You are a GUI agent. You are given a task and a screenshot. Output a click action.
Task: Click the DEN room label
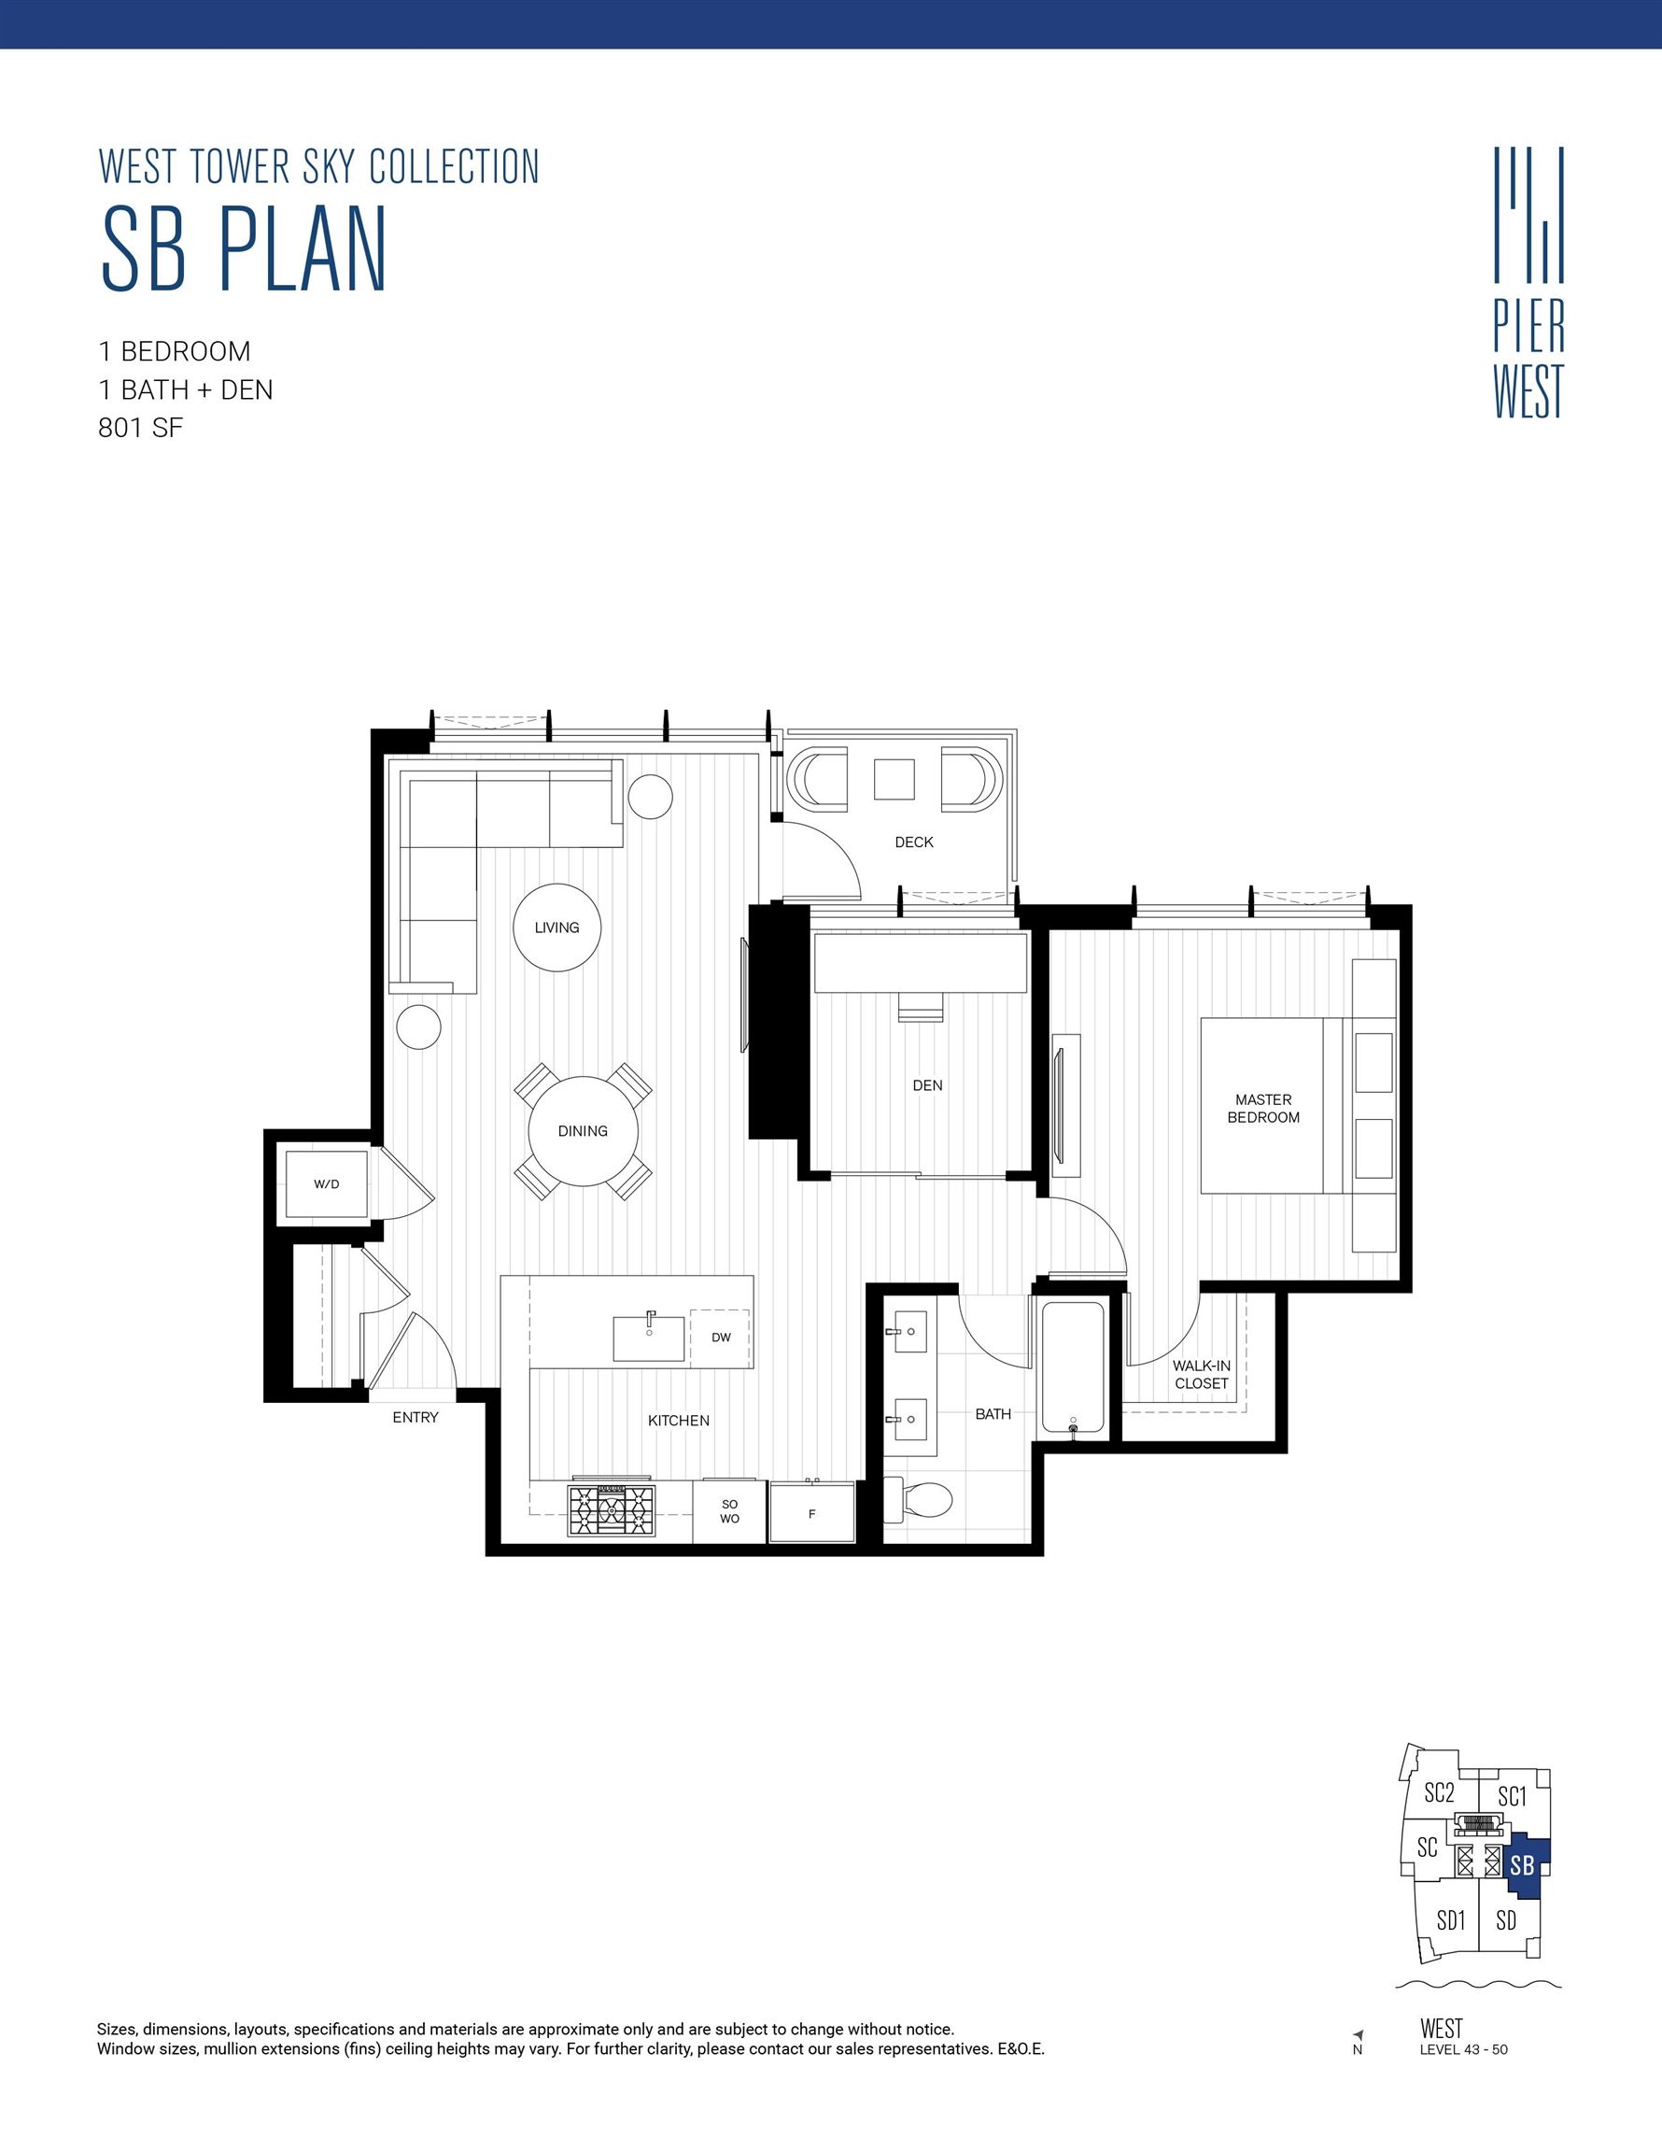(927, 1084)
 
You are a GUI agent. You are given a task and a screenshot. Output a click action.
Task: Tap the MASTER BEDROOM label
(1263, 1109)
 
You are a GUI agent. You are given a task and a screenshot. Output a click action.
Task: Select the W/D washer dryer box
(326, 1183)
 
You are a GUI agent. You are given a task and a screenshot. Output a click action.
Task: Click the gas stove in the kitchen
(611, 1509)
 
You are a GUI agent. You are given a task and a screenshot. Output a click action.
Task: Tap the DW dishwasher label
(721, 1338)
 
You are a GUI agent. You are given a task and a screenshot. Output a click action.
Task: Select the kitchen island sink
(648, 1338)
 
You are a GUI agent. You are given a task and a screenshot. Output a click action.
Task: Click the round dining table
(584, 1131)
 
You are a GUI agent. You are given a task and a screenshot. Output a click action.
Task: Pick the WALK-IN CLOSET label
(1201, 1375)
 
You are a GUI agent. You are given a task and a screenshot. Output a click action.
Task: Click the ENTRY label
(415, 1417)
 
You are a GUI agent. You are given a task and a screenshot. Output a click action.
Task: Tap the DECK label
(913, 842)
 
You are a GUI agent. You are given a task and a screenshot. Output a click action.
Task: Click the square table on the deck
(894, 778)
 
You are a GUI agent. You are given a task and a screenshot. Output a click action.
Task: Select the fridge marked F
(811, 1512)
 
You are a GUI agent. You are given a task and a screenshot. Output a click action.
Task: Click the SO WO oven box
(729, 1511)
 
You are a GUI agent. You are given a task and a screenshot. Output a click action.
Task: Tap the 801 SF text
(141, 429)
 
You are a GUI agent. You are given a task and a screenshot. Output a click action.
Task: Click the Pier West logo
(1528, 283)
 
